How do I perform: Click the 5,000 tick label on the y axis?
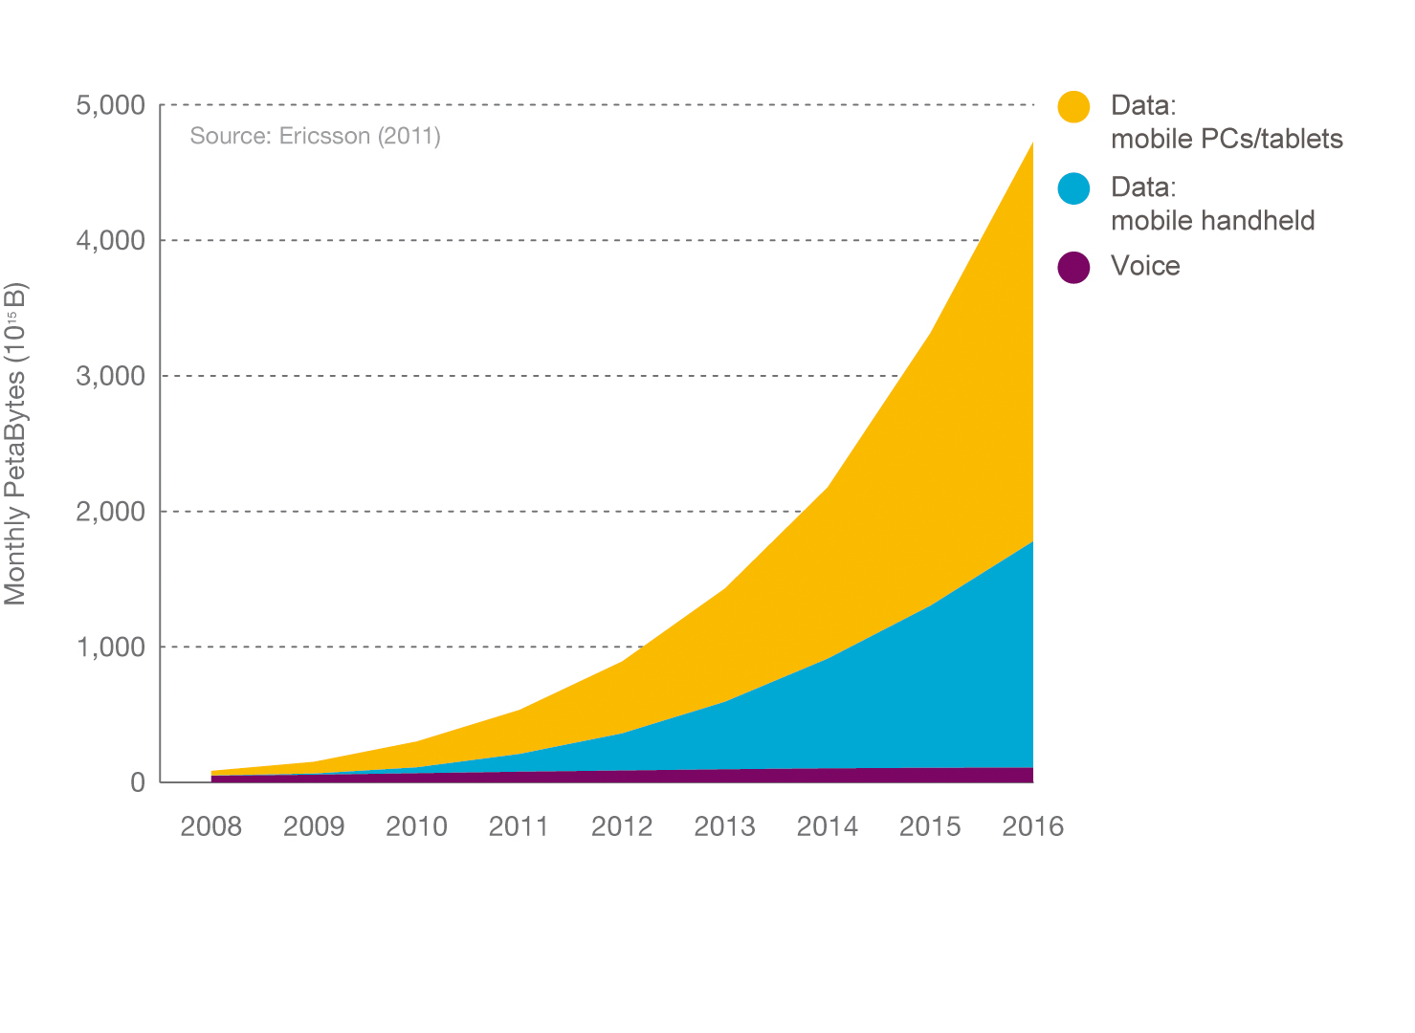(110, 105)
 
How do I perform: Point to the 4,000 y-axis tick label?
(110, 241)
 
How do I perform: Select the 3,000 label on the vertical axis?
(110, 377)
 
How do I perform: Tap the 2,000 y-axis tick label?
(110, 513)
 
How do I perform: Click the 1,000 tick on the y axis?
(110, 648)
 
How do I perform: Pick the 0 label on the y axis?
(138, 783)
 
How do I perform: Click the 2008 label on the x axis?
(210, 826)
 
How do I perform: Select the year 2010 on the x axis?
(416, 826)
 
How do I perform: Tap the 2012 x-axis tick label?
(622, 826)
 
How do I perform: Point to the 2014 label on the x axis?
(828, 826)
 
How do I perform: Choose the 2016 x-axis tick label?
(1032, 826)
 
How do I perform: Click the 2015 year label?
(930, 826)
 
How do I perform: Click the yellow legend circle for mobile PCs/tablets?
(1073, 106)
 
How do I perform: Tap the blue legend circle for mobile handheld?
(1073, 187)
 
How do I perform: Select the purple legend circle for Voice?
(1073, 267)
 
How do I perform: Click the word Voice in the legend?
(1145, 266)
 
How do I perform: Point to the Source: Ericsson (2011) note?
(315, 136)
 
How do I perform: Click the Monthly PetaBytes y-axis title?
(16, 444)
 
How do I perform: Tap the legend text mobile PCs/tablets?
(1227, 140)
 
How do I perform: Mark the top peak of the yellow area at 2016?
(1031, 143)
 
